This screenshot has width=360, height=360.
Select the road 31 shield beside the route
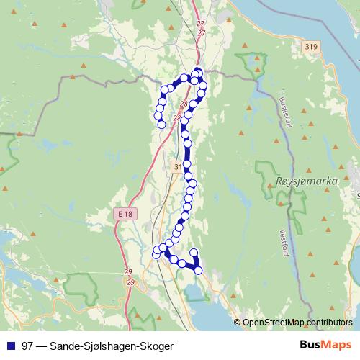tap(178, 166)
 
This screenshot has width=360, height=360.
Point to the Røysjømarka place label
tap(307, 183)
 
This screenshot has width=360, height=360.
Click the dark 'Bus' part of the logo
tap(311, 345)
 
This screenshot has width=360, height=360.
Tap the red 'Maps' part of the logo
tap(337, 345)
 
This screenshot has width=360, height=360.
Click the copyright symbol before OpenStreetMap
tap(238, 323)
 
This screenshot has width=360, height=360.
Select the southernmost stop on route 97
tap(199, 270)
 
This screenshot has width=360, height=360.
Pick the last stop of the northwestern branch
tap(161, 124)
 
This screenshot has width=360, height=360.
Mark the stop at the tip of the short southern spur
tap(193, 252)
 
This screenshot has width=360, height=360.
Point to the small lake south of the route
tap(193, 290)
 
